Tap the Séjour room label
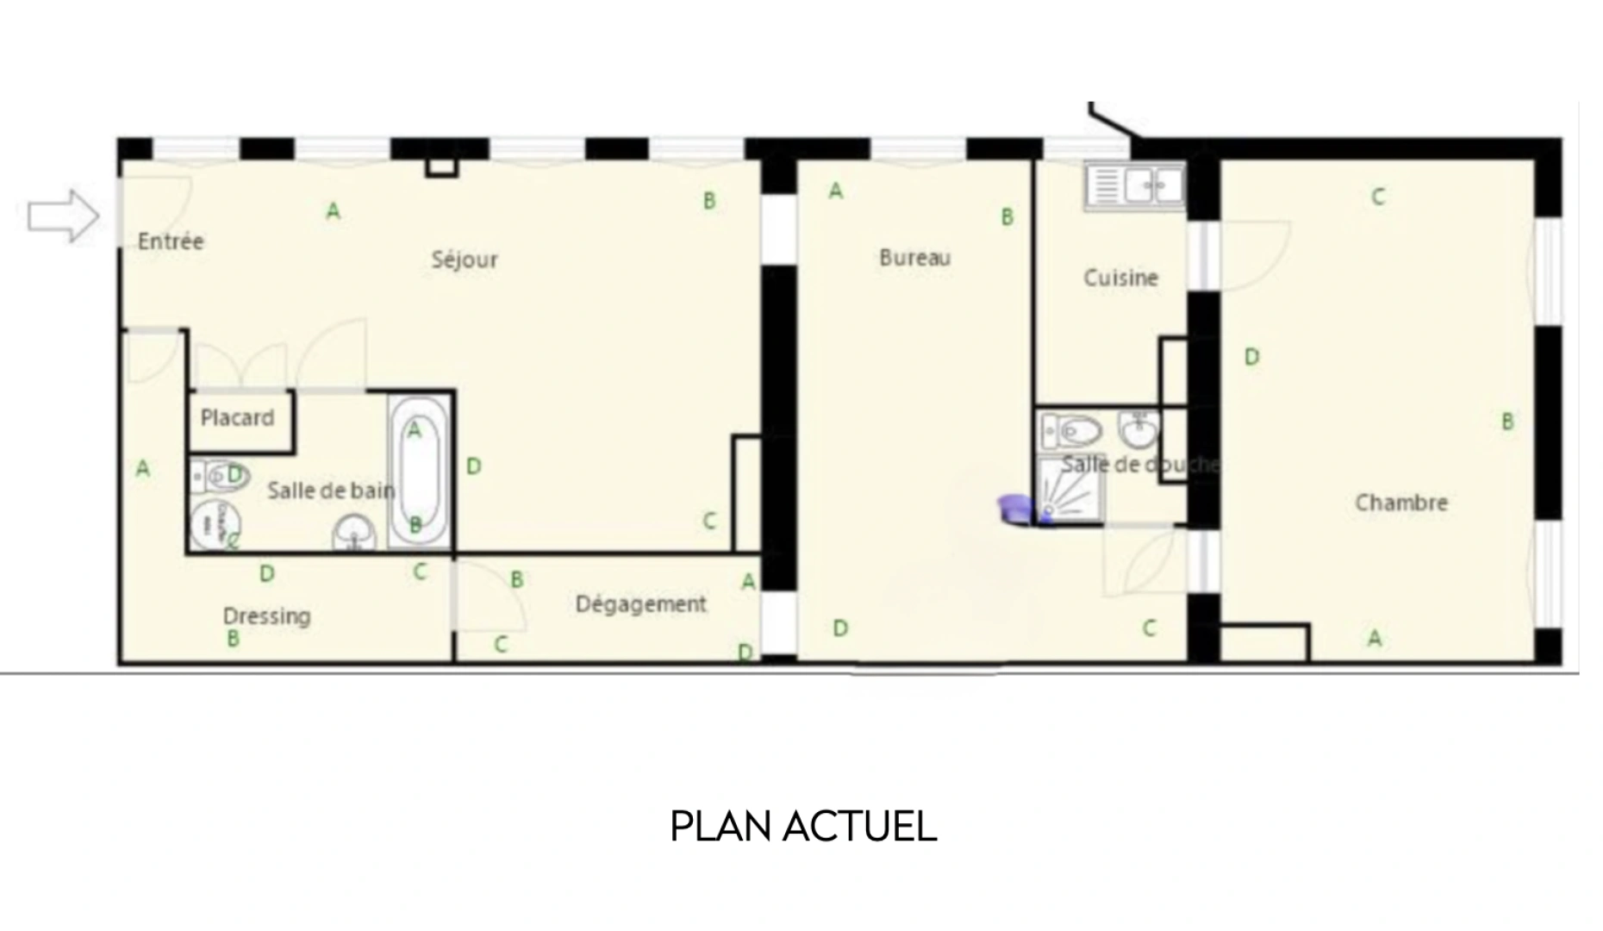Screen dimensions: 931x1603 click(x=465, y=259)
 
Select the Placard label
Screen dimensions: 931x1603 click(x=237, y=418)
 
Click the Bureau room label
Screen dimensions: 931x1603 click(x=914, y=258)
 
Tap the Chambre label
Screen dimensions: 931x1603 click(x=1400, y=503)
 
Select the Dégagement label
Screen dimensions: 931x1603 click(x=640, y=604)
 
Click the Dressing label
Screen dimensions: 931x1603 click(x=266, y=616)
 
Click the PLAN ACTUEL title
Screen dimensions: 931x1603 click(x=802, y=827)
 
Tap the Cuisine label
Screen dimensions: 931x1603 click(x=1120, y=278)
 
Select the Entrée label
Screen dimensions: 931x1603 click(x=171, y=241)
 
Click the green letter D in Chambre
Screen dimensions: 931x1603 click(x=1251, y=357)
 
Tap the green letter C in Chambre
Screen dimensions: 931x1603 click(x=1378, y=197)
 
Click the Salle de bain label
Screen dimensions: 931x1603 click(x=331, y=491)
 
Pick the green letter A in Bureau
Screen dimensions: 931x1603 click(x=835, y=191)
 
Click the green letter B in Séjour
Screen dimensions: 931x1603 click(x=709, y=201)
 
